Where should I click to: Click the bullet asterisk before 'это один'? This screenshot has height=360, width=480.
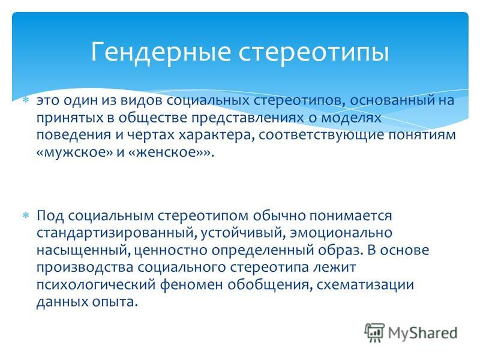(x=26, y=100)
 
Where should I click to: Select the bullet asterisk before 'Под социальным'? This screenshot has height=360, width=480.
(x=26, y=215)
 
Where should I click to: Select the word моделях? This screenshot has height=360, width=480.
(x=349, y=118)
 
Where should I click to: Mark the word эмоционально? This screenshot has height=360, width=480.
(x=341, y=232)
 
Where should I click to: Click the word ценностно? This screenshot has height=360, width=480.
(x=170, y=250)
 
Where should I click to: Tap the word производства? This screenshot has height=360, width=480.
(x=85, y=268)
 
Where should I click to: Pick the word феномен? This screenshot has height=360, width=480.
(x=191, y=284)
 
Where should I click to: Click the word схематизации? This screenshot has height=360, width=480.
(x=365, y=284)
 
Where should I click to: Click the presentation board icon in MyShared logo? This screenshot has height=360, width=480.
(x=374, y=332)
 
